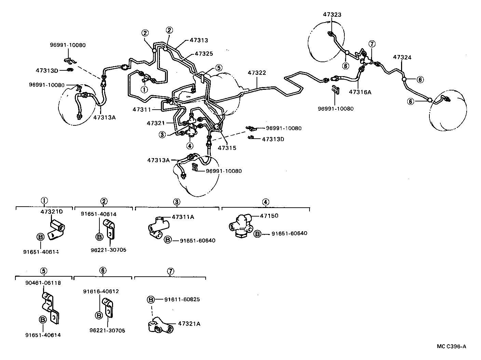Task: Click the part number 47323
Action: click(x=332, y=15)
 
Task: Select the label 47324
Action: click(x=402, y=57)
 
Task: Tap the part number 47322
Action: click(x=257, y=73)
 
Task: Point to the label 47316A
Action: click(x=360, y=92)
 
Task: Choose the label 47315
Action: click(x=227, y=148)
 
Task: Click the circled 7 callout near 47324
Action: click(x=372, y=43)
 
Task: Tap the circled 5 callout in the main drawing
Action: click(x=219, y=68)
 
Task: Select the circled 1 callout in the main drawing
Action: click(x=144, y=89)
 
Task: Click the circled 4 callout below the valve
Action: click(x=190, y=146)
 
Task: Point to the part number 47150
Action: click(x=269, y=216)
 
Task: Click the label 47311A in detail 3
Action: click(x=183, y=217)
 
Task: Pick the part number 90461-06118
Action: click(x=44, y=283)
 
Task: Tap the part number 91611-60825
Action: click(x=182, y=300)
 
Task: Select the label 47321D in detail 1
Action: click(x=52, y=212)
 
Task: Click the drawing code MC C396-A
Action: click(x=451, y=346)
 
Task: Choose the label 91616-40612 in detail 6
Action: click(x=101, y=291)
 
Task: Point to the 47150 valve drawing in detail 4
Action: click(x=240, y=225)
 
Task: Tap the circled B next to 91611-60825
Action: click(x=151, y=300)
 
